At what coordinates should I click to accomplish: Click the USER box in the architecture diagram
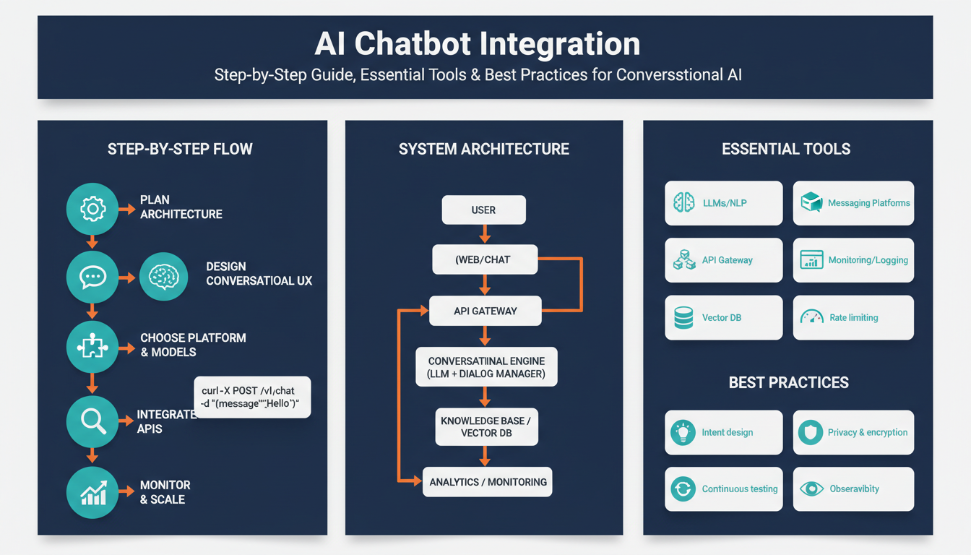483,210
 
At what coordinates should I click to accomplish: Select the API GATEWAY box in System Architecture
485,311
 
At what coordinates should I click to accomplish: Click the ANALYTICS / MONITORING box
487,481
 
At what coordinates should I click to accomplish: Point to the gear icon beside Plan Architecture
92,210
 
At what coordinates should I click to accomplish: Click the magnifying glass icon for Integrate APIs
92,421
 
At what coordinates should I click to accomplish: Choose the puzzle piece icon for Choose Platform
92,348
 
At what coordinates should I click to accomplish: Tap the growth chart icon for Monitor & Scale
92,493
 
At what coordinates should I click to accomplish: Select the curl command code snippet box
252,397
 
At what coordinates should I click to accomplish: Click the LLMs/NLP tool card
723,203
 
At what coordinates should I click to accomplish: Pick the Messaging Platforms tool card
853,203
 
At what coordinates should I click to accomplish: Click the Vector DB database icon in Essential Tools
683,318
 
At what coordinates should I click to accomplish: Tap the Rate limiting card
853,317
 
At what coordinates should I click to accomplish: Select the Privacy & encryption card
853,432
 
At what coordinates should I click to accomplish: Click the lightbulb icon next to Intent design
683,432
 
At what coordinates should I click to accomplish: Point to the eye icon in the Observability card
811,489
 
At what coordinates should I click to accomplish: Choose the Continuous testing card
723,489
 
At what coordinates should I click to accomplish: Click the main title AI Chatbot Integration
478,44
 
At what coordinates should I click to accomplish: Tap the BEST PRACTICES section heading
788,382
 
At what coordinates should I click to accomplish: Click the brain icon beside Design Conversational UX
163,276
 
